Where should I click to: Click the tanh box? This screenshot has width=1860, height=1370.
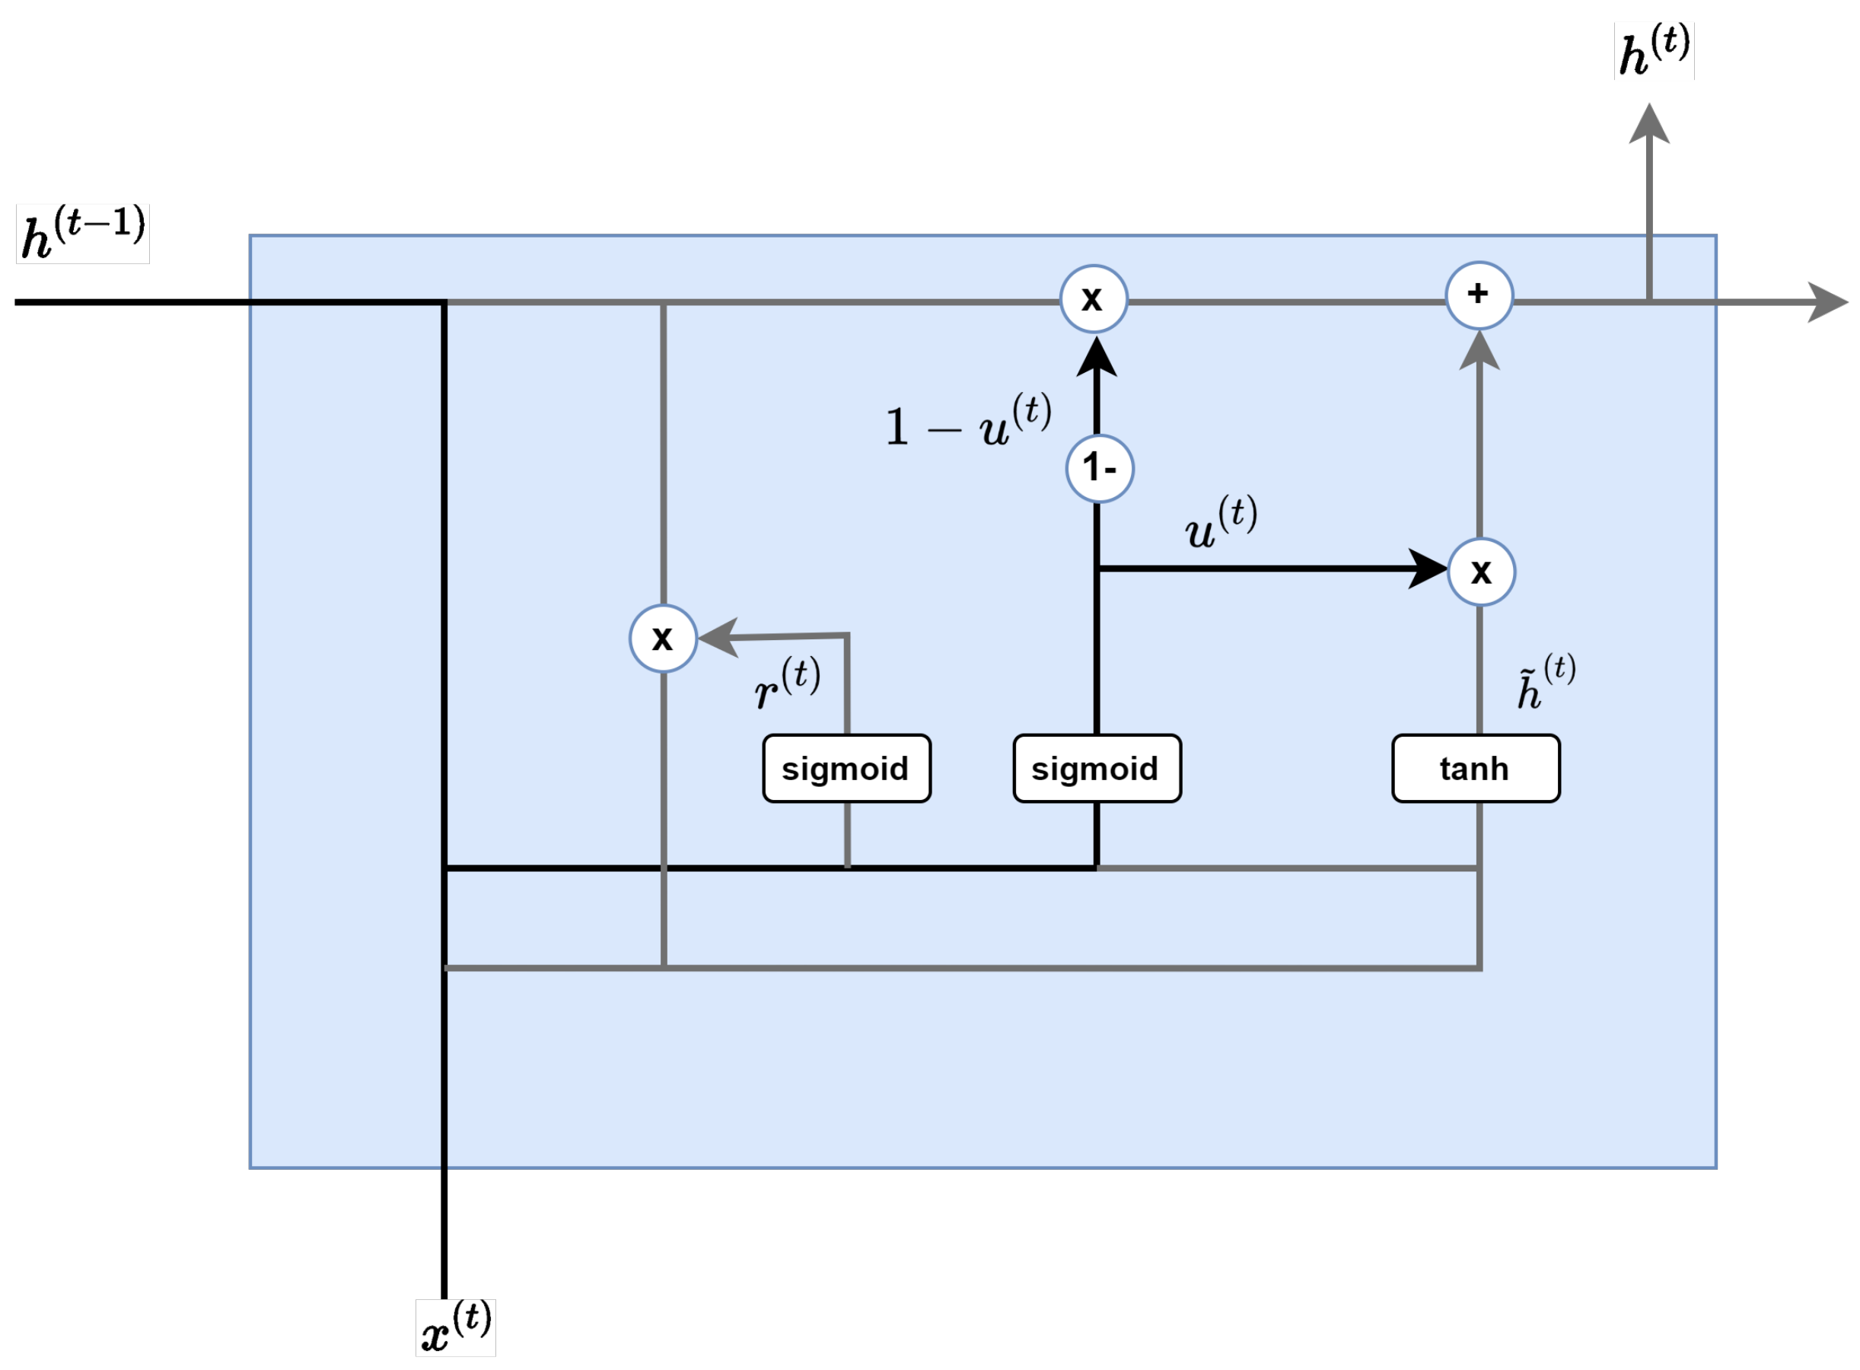point(1474,768)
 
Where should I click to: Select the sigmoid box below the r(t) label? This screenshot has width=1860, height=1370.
point(846,768)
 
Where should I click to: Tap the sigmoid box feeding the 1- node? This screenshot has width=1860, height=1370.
point(1096,768)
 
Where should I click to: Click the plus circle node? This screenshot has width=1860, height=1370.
point(1479,295)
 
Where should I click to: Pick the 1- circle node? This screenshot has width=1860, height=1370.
point(1099,469)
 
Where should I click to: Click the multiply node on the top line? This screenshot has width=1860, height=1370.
point(1093,298)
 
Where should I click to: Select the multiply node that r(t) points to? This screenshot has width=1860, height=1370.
point(663,638)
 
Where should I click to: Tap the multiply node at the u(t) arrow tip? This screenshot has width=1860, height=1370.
point(1480,572)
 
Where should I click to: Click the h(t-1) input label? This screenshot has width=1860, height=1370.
point(82,234)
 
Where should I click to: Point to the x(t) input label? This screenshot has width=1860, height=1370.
point(455,1327)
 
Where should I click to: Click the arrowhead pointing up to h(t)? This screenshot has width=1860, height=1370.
point(1648,124)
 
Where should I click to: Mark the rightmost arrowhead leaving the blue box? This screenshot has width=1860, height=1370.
point(1826,302)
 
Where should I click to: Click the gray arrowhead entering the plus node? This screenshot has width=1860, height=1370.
point(1479,352)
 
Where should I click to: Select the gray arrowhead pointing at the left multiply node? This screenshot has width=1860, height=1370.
point(718,637)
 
